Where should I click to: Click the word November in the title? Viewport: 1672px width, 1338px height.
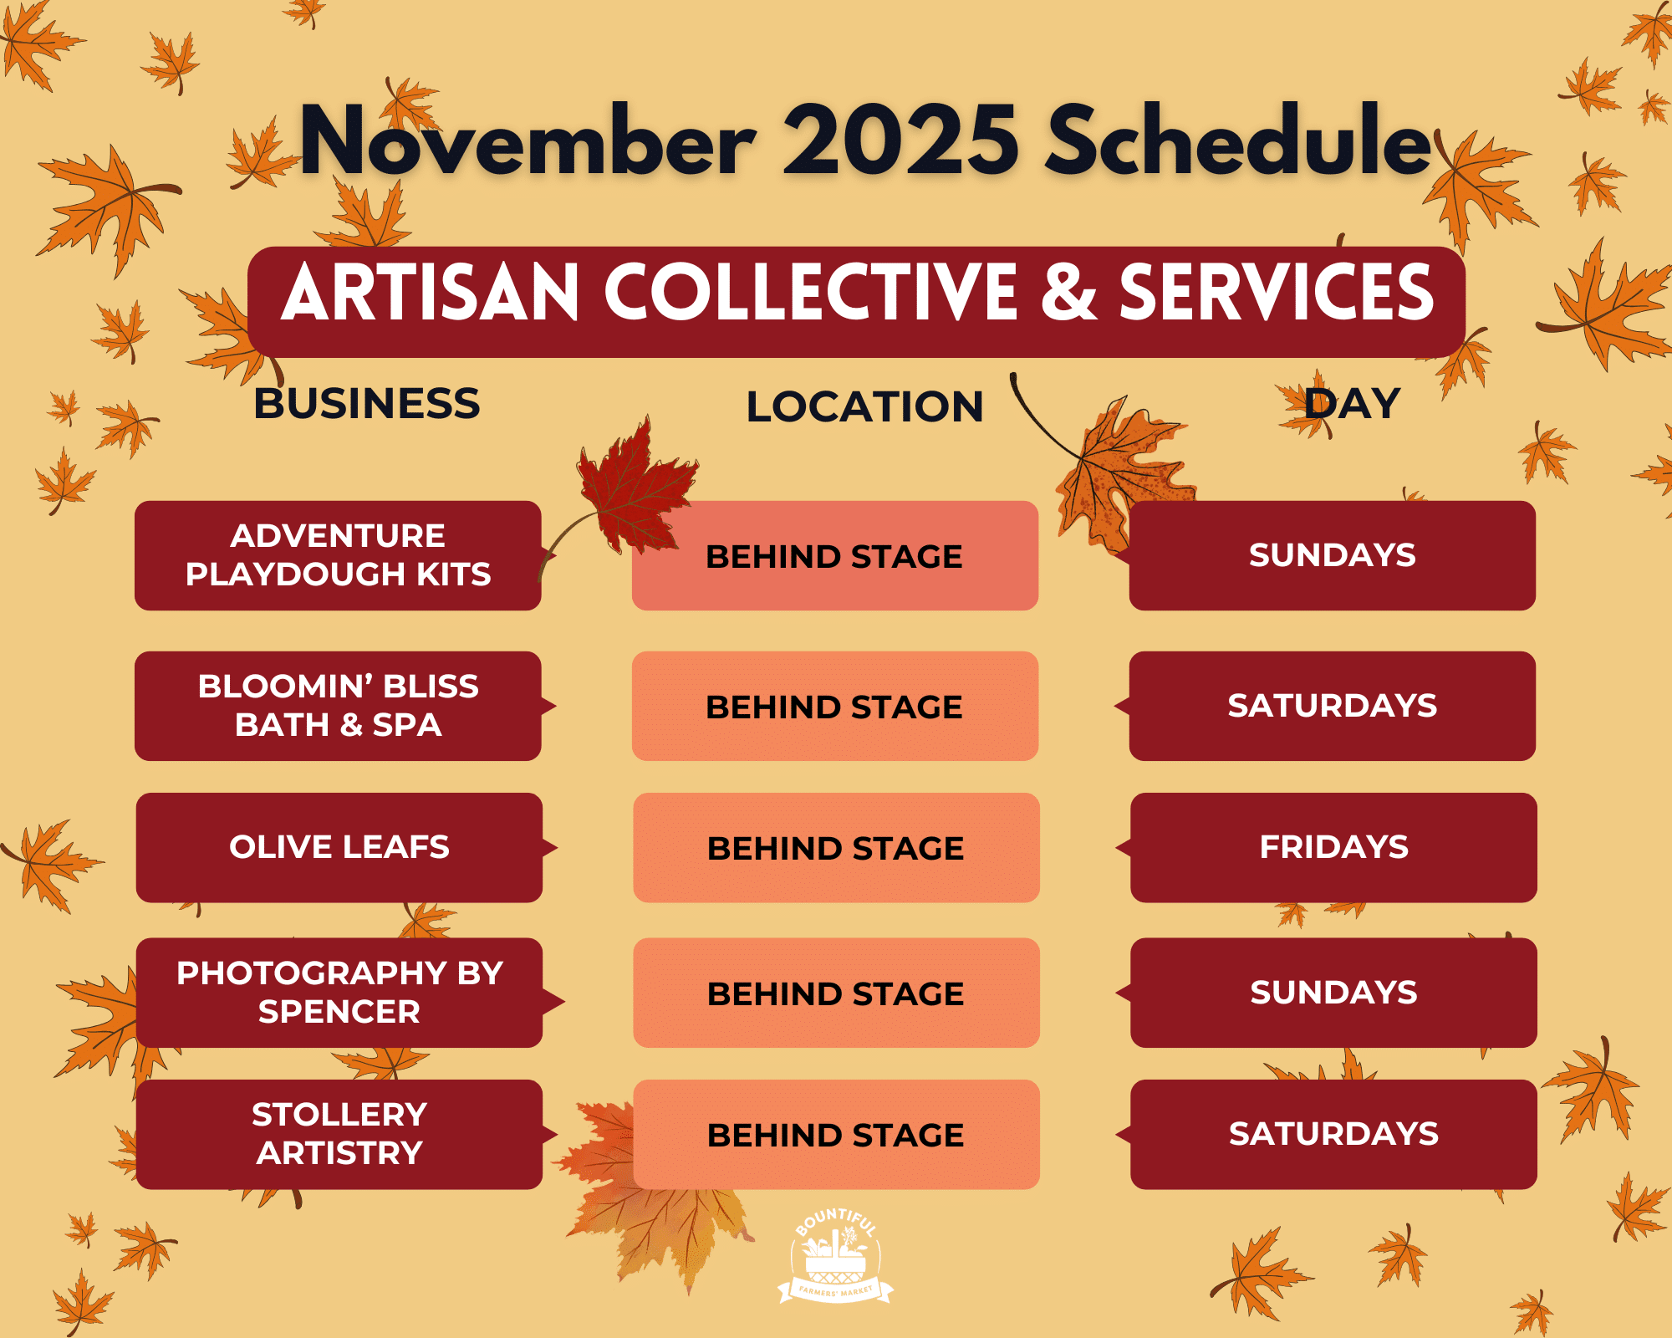pyautogui.click(x=528, y=140)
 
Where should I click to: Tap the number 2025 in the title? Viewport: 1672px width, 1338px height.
pyautogui.click(x=900, y=140)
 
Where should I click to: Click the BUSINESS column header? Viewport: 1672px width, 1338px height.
pyautogui.click(x=367, y=404)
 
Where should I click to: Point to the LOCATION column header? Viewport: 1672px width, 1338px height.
pyautogui.click(x=864, y=407)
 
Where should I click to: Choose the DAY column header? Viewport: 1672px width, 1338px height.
pyautogui.click(x=1352, y=404)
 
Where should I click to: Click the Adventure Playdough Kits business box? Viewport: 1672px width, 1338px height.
pyautogui.click(x=338, y=555)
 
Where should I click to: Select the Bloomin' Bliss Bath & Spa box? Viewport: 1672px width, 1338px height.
pyautogui.click(x=338, y=706)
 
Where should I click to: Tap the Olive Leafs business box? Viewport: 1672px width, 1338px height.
pyautogui.click(x=339, y=847)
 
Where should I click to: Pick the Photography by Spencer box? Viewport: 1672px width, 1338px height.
pyautogui.click(x=339, y=993)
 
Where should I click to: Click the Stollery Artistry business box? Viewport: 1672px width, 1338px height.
pyautogui.click(x=339, y=1134)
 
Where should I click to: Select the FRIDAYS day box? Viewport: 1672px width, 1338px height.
pyautogui.click(x=1333, y=847)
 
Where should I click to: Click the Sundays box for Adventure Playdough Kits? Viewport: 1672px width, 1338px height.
pyautogui.click(x=1332, y=555)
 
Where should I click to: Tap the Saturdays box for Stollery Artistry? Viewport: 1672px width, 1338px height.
pyautogui.click(x=1333, y=1134)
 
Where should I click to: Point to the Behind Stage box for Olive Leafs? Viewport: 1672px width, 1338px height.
pyautogui.click(x=836, y=847)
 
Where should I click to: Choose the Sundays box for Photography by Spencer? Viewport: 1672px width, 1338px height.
pyautogui.click(x=1333, y=993)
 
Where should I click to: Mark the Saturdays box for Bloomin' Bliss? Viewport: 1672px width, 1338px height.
pyautogui.click(x=1332, y=706)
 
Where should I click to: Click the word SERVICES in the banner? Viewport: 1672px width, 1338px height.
pyautogui.click(x=1277, y=292)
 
